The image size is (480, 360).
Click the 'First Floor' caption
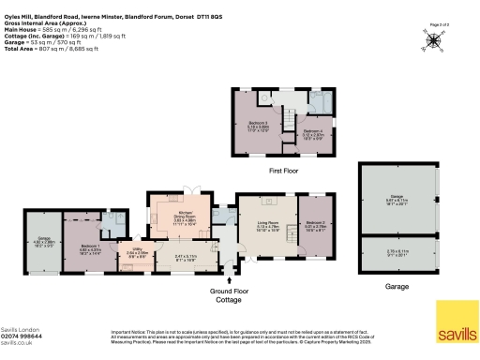[284, 171]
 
